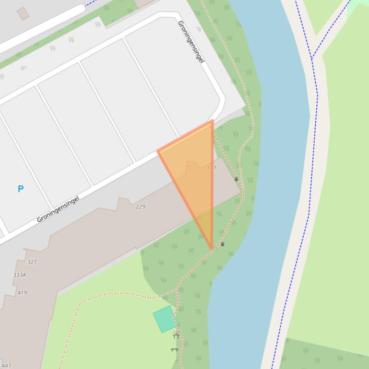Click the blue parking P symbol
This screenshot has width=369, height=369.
tap(21, 189)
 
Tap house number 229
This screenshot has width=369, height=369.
tap(140, 207)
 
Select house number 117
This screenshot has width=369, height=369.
tap(212, 168)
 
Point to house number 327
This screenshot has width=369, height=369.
tap(32, 262)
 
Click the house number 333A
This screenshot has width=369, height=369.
tap(20, 275)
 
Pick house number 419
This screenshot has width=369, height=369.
tap(22, 292)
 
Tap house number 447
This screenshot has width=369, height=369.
tap(6, 365)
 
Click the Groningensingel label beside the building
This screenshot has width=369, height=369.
tap(58, 209)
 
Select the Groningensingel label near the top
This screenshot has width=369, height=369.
tap(191, 42)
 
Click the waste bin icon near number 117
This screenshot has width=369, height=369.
tap(236, 179)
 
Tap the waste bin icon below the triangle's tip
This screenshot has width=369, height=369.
tap(222, 244)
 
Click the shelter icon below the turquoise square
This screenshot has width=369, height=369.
tap(176, 336)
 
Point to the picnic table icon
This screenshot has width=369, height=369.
tap(174, 349)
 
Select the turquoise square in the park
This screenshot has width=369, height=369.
tap(165, 319)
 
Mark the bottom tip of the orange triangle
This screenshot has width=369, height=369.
tap(212, 248)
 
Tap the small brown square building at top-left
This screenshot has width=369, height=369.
tap(23, 14)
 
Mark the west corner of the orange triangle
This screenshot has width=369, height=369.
tap(158, 151)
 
